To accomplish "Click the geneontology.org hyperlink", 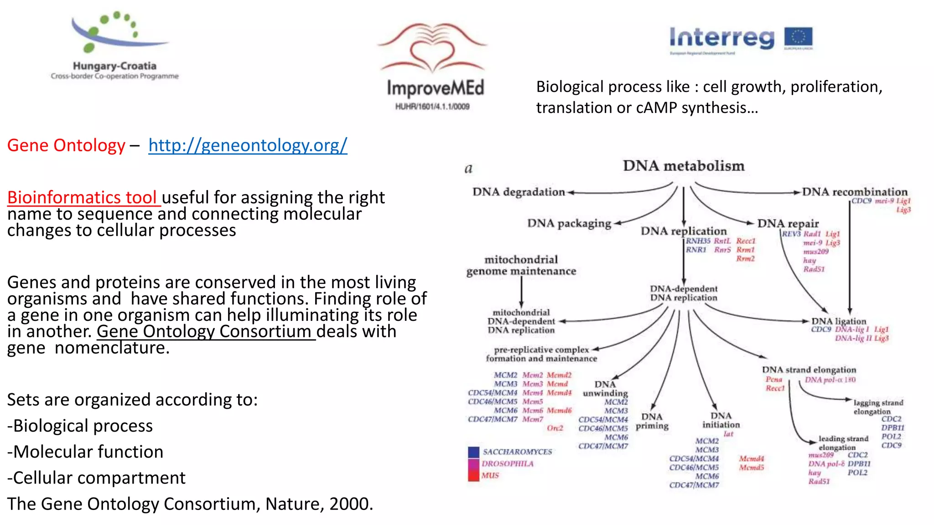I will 248,145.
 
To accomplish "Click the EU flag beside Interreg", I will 798,38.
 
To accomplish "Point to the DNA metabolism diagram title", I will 683,166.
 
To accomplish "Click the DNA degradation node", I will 519,192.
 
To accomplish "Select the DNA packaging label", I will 569,223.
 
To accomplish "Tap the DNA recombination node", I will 855,192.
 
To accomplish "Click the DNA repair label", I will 788,223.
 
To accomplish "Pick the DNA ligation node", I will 838,321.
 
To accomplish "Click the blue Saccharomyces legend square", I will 473,452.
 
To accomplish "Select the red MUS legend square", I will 473,476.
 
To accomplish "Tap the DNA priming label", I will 652,421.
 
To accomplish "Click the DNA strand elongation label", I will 809,370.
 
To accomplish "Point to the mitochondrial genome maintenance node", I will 521,265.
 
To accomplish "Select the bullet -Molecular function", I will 85,452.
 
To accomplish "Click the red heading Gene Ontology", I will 66,145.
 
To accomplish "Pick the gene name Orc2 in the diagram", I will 555,428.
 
